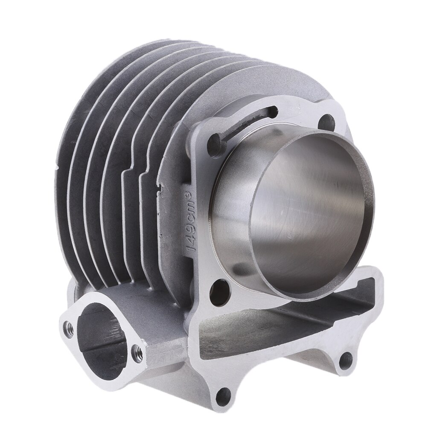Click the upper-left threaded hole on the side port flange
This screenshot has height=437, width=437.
click(67, 327)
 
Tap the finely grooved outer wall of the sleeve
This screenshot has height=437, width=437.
click(230, 205)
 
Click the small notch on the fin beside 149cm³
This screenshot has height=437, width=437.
click(160, 186)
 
